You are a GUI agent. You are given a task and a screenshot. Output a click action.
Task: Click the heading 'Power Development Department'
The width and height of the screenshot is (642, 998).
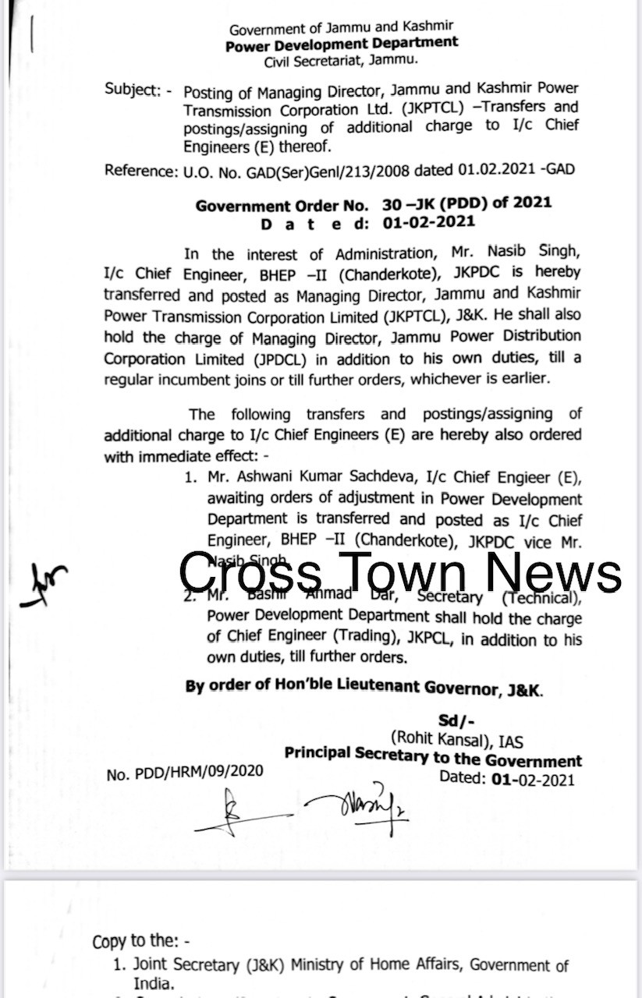click(342, 44)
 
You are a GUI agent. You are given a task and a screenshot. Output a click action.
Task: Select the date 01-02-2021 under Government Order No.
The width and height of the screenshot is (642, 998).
click(428, 222)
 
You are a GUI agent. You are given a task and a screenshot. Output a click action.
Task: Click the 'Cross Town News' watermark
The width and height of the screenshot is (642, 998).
click(400, 573)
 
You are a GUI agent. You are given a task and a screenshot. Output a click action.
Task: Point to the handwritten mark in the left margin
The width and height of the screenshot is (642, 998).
click(44, 585)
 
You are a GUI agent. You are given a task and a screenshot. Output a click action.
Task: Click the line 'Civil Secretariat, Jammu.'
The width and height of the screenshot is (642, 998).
click(341, 60)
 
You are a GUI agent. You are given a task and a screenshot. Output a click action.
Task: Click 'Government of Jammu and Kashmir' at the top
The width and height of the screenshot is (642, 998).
click(342, 29)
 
